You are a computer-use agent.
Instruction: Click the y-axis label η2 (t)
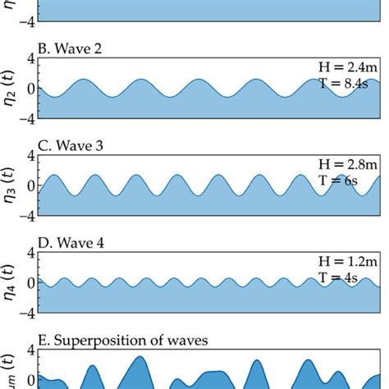11,89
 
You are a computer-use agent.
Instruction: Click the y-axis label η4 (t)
11,283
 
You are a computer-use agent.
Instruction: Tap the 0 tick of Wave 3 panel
30,186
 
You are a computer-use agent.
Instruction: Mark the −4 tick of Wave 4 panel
27,313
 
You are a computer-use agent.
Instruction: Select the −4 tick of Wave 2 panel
27,119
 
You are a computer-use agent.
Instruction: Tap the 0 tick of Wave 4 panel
30,284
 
